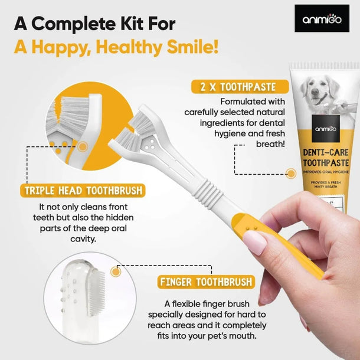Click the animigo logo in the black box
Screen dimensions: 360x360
coord(322,19)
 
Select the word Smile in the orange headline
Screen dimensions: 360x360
coord(190,47)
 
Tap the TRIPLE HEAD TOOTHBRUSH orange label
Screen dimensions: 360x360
coord(82,191)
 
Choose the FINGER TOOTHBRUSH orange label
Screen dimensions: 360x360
coord(207,282)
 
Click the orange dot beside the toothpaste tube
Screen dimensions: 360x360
coord(290,174)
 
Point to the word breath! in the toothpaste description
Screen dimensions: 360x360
coord(270,143)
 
